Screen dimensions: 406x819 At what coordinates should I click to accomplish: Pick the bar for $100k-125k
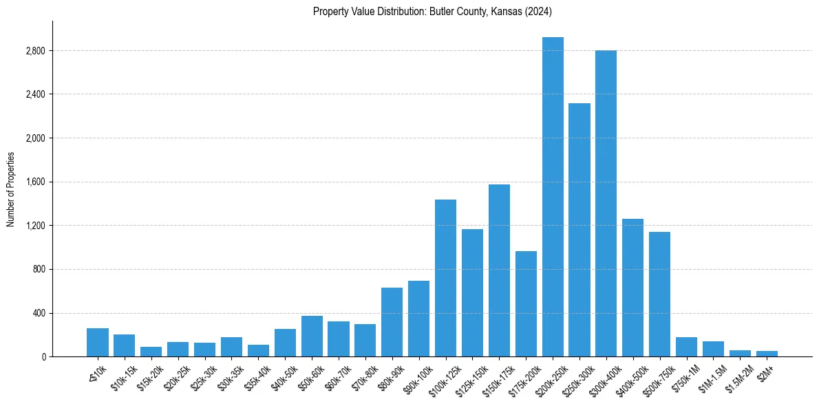click(446, 278)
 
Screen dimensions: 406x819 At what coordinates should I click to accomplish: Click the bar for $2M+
click(767, 354)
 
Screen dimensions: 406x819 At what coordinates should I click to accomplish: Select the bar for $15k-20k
click(151, 352)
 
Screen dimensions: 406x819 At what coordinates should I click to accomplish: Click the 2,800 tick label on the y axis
click(35, 51)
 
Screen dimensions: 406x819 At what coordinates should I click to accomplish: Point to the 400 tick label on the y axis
click(39, 313)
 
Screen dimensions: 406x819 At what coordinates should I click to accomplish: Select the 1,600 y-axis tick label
click(35, 182)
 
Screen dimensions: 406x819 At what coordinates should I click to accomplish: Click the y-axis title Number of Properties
click(11, 189)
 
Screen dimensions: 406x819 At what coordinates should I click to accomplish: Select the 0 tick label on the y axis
click(44, 357)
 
